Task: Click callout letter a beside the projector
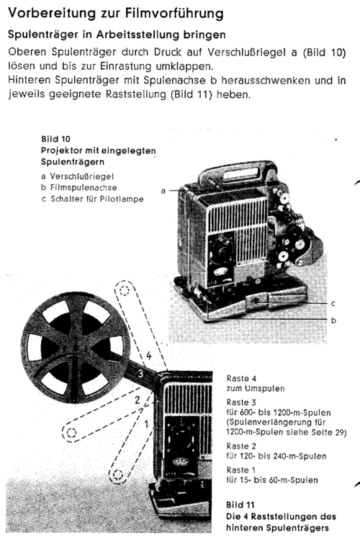point(163,191)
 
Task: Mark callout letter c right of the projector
point(331,303)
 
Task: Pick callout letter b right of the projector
point(331,318)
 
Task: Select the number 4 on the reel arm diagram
point(148,355)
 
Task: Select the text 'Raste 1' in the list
point(242,469)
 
